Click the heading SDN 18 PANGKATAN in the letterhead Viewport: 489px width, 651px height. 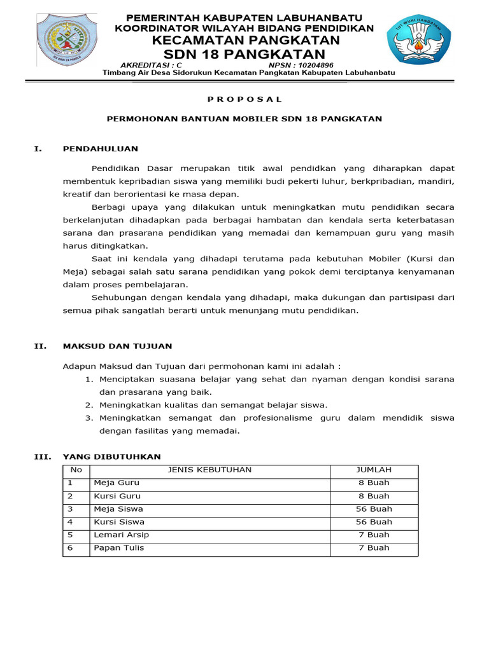[244, 54]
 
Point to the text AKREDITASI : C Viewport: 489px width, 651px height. [151, 65]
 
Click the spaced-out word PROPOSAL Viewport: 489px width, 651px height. [244, 99]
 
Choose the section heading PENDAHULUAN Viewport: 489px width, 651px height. [100, 149]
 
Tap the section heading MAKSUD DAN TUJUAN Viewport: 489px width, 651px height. [117, 346]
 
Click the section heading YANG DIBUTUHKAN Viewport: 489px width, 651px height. [111, 456]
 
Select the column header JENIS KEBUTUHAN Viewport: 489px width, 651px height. [209, 470]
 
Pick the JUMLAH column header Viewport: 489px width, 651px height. [374, 470]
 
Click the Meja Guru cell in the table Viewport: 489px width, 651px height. [117, 483]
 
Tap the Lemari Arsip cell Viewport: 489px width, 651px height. [121, 535]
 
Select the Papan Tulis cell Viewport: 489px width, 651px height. [119, 548]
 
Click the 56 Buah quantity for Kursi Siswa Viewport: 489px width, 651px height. [374, 522]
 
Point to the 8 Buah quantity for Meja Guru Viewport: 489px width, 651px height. [374, 483]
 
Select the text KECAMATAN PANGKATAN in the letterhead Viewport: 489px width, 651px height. [244, 40]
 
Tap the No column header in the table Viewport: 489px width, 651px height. [76, 470]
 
